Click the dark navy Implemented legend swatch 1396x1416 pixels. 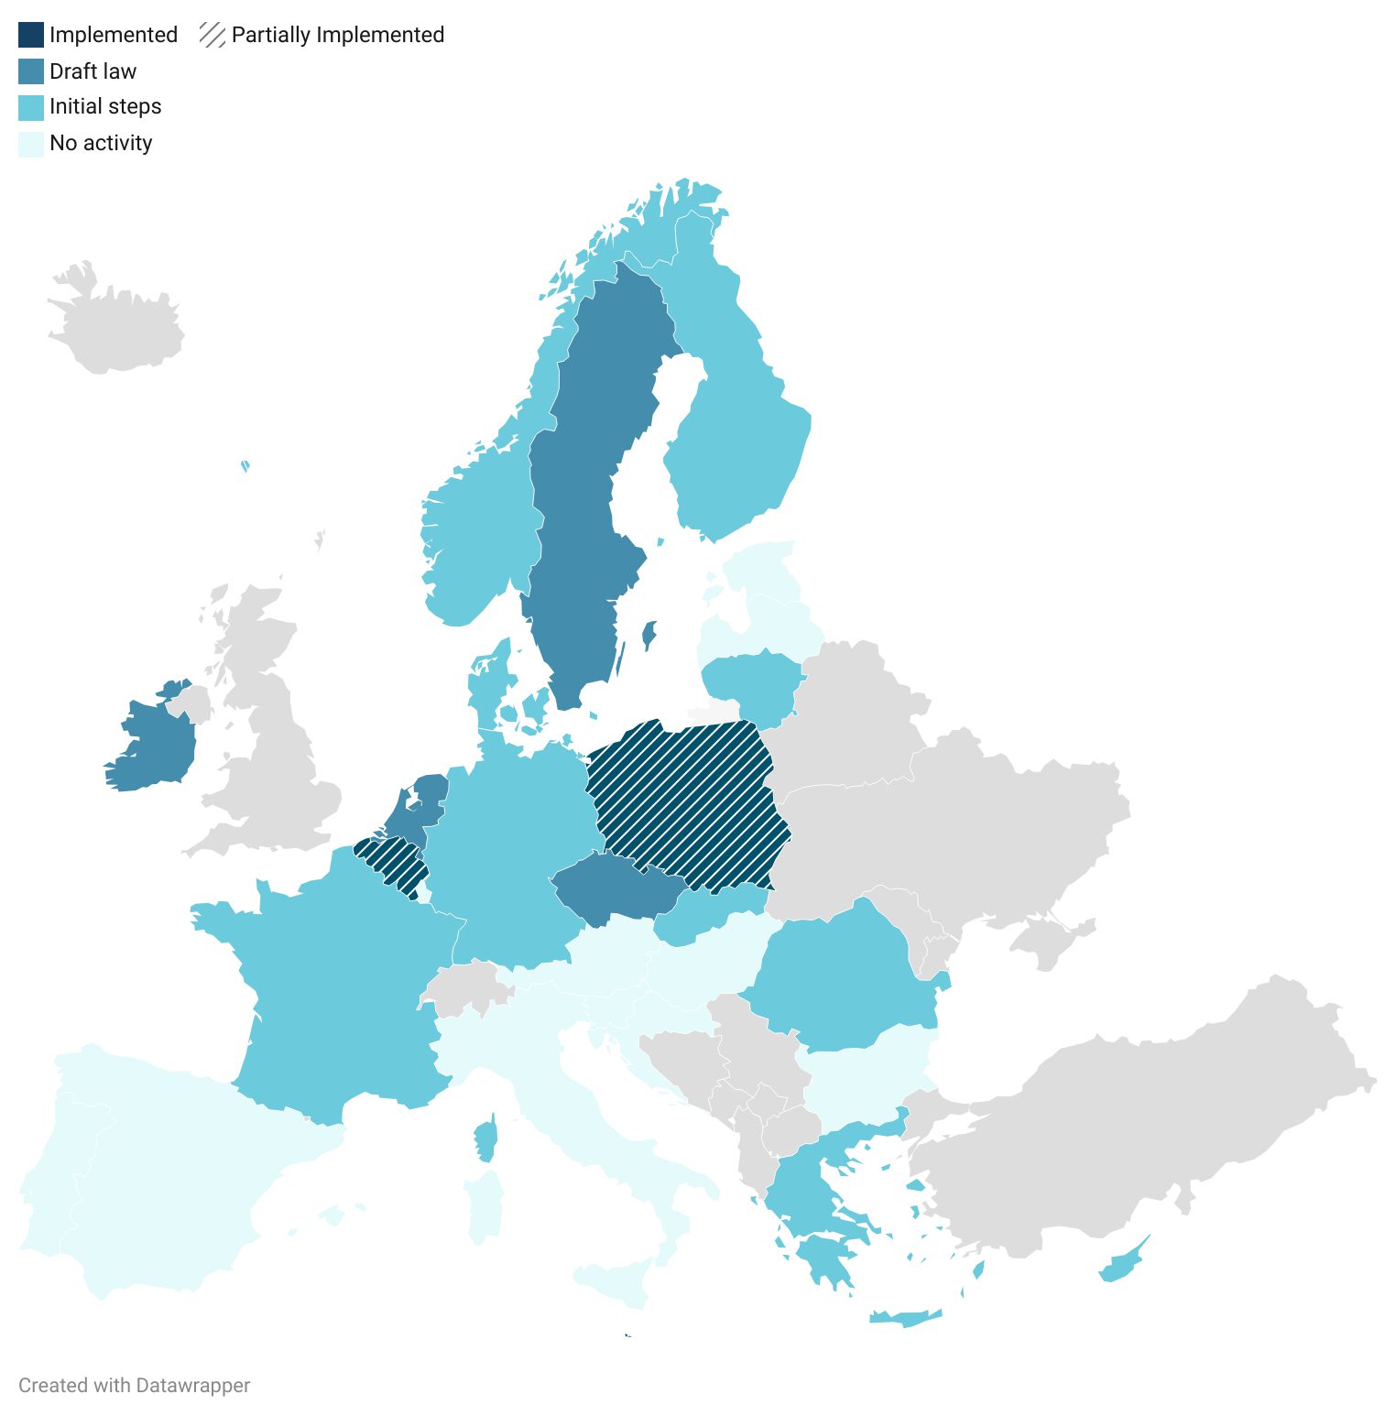31,35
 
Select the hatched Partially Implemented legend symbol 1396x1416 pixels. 213,35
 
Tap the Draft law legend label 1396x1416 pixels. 93,71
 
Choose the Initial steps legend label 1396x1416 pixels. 105,107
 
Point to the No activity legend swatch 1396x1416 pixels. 31,144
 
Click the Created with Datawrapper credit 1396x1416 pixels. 135,1385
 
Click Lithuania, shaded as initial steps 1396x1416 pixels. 751,682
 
